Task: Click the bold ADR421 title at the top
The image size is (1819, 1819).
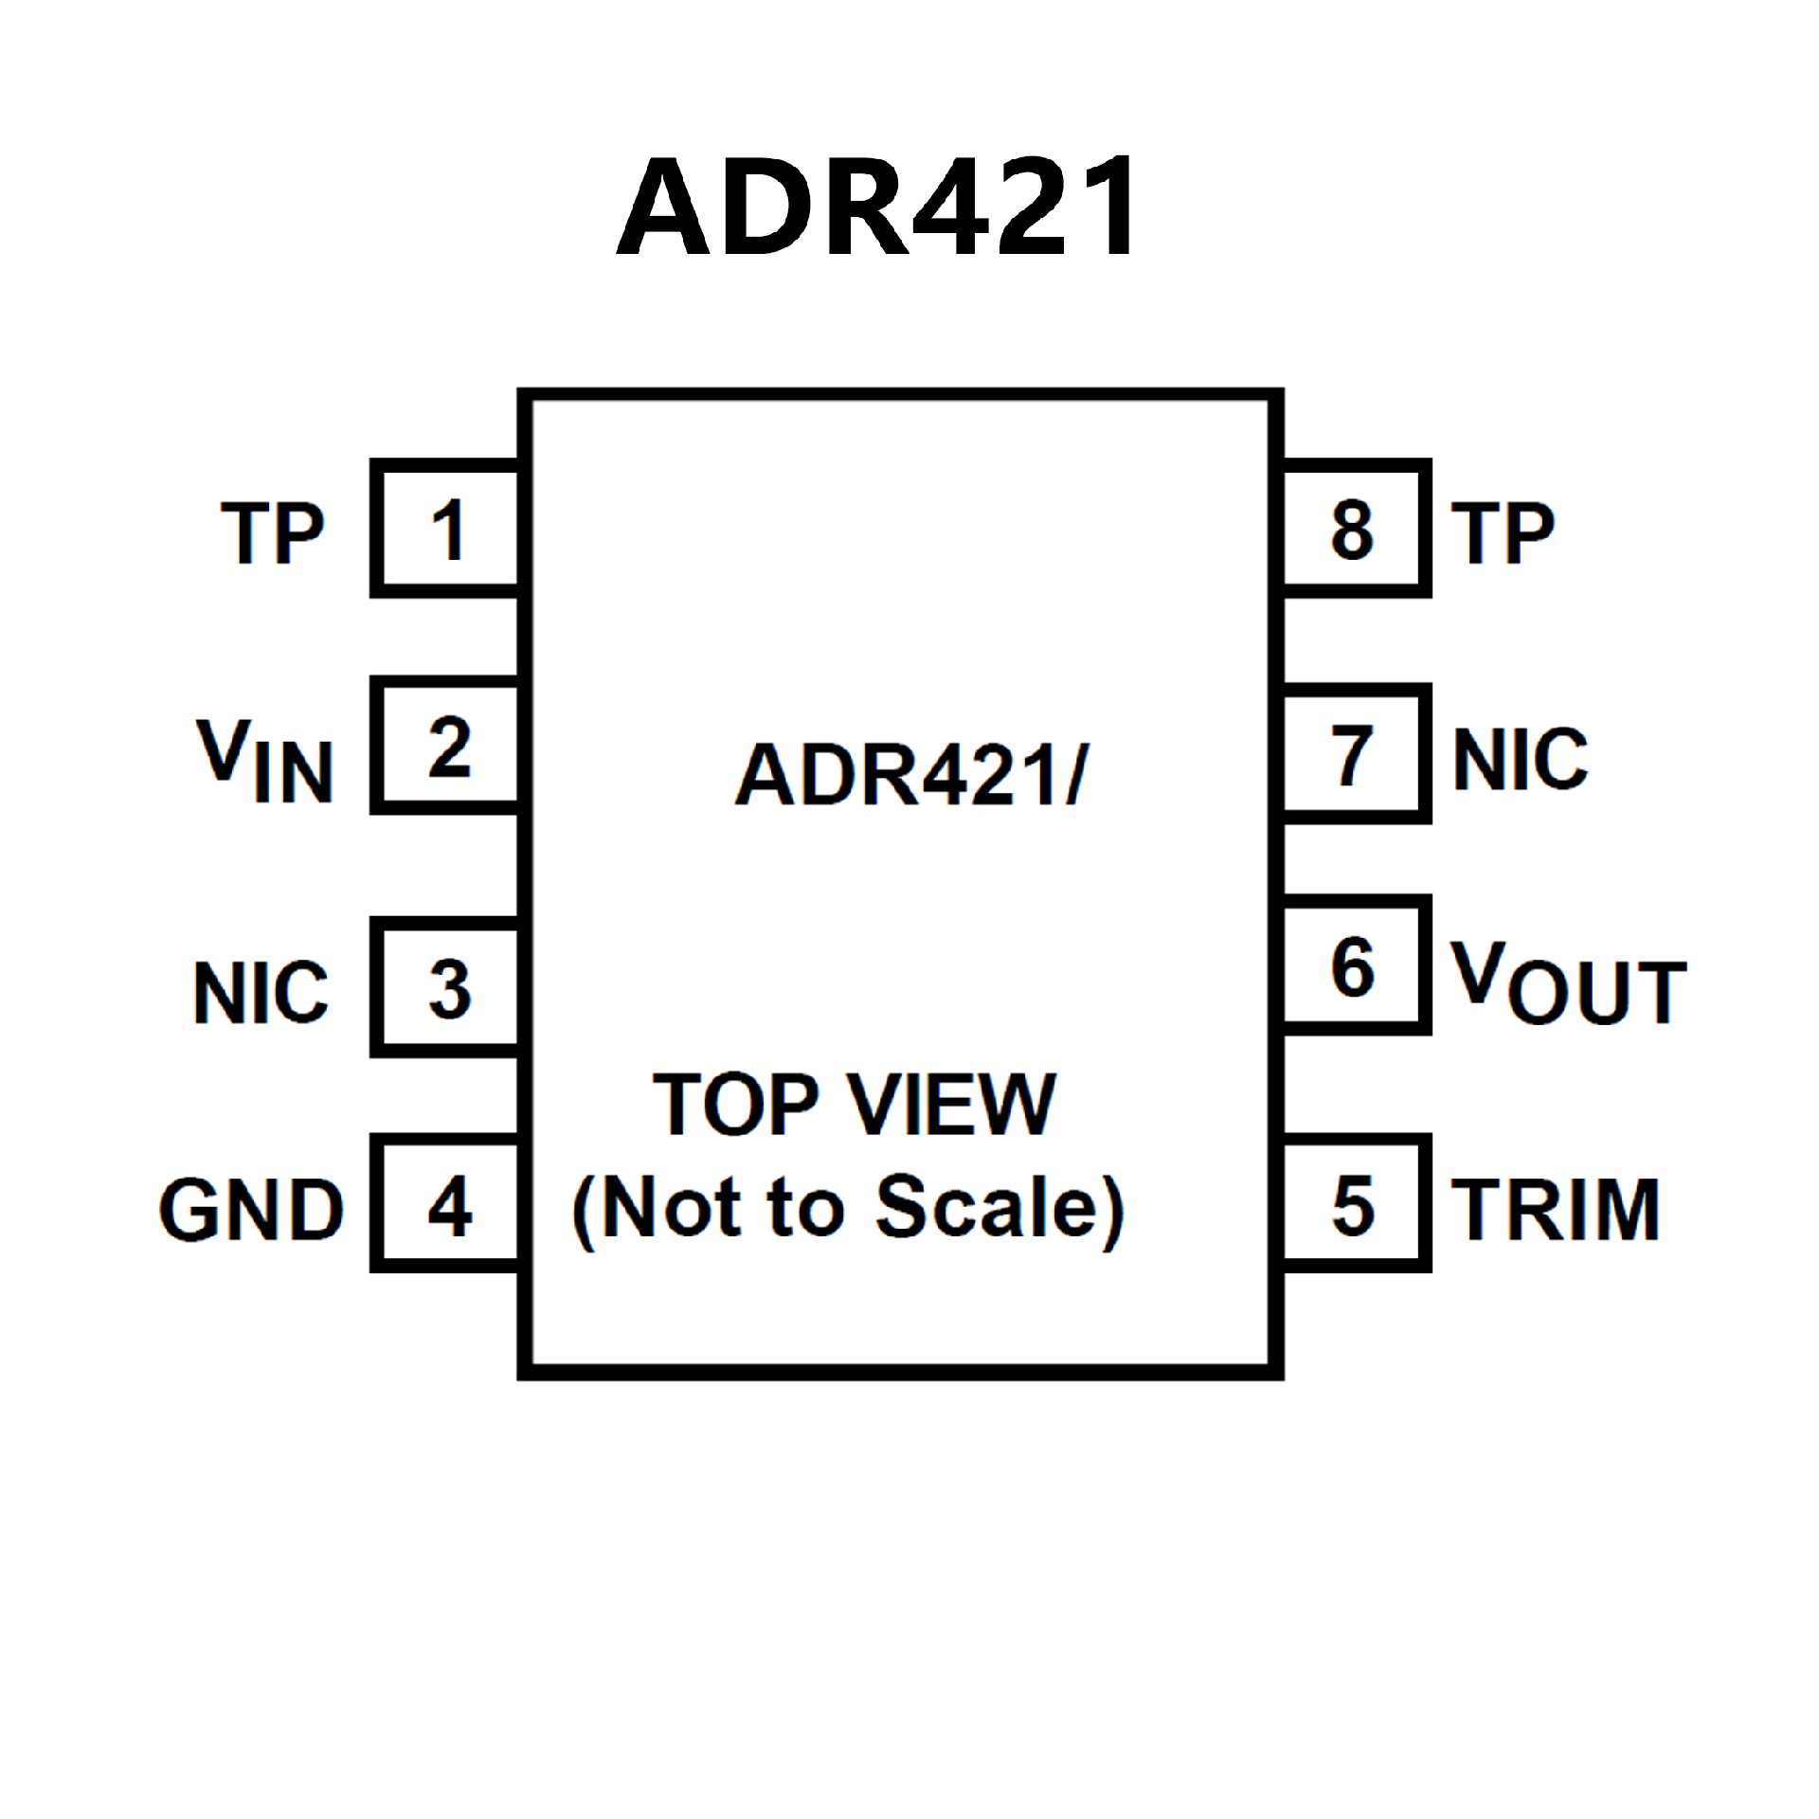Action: coord(876,207)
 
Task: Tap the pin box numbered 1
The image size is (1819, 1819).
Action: coord(446,529)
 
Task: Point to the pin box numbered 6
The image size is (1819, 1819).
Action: coord(1352,967)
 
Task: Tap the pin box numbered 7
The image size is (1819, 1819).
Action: coord(1352,755)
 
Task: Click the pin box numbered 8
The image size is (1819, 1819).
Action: coord(1352,529)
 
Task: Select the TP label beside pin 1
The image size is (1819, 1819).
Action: coord(273,532)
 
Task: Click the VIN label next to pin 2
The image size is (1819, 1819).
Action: coord(265,761)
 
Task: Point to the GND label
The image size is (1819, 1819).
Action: coord(251,1210)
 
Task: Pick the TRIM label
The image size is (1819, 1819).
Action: coord(1555,1210)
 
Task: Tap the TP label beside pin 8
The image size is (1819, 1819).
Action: coord(1503,532)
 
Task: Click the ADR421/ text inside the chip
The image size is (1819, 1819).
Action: coord(911,775)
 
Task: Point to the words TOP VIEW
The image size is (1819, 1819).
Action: coord(854,1105)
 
